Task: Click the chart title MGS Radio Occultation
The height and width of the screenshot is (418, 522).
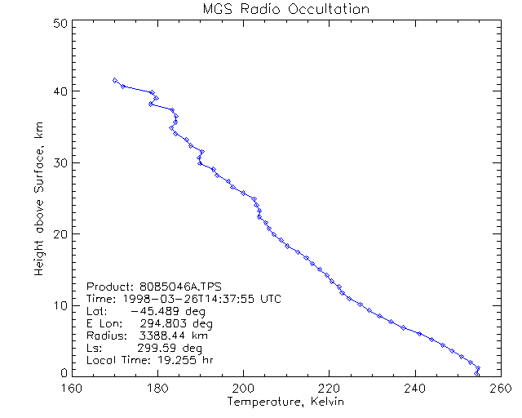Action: coord(285,9)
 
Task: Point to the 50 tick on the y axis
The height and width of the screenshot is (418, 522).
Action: coord(59,23)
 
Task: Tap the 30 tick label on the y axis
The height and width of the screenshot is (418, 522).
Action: coord(59,162)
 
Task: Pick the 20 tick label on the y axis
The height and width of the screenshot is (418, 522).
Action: coord(59,233)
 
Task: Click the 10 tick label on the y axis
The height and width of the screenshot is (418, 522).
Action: coord(59,305)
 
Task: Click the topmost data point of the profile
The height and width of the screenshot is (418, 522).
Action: coord(115,80)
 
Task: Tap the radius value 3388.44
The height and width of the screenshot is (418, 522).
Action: coord(161,336)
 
